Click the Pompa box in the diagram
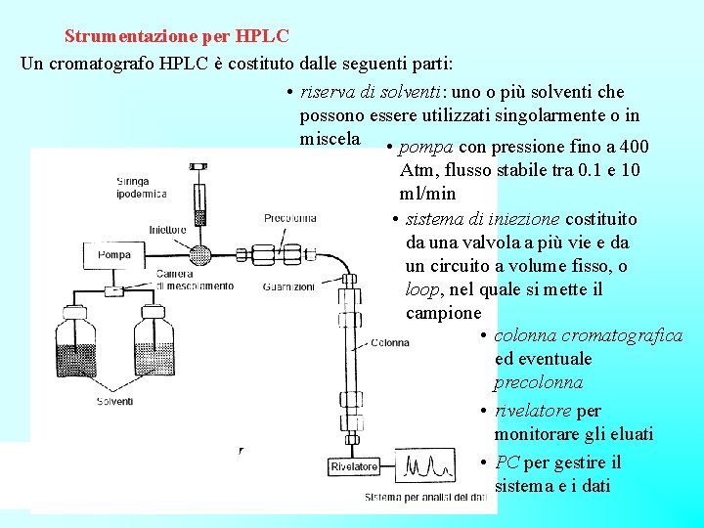pos(113,255)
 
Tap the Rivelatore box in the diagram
pos(354,466)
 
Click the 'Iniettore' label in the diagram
pos(167,231)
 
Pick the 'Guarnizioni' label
pos(289,287)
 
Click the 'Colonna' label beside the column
pos(390,343)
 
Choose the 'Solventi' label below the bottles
pos(115,401)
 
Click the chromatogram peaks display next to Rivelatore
pos(426,465)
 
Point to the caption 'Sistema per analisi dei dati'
pos(425,498)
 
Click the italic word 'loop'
pos(422,289)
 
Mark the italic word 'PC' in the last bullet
pos(507,462)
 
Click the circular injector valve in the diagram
pos(200,254)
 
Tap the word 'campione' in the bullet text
pos(443,313)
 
